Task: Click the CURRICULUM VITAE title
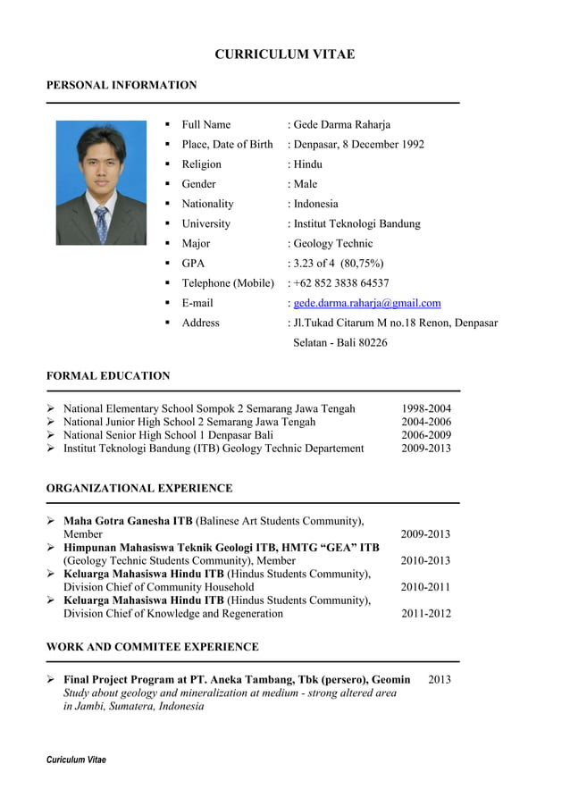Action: click(x=284, y=55)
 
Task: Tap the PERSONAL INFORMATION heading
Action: click(x=122, y=85)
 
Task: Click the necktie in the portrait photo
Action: click(x=102, y=223)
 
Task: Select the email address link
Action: click(x=367, y=303)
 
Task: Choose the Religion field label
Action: click(x=201, y=164)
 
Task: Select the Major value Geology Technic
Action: click(x=332, y=243)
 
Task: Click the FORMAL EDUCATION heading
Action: click(x=108, y=375)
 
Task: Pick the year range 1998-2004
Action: click(x=426, y=408)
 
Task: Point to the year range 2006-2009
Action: click(x=426, y=435)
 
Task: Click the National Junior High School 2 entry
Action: click(x=189, y=422)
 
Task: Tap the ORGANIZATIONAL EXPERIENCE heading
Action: click(x=139, y=488)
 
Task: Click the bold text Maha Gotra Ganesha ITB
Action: click(x=128, y=521)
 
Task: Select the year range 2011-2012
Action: click(x=425, y=614)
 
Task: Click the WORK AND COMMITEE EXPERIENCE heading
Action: click(x=153, y=646)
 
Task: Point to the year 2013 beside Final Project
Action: click(x=440, y=680)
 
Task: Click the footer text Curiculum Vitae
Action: click(x=76, y=760)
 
